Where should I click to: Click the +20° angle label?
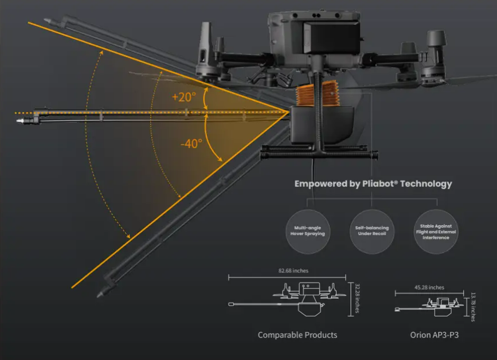pos(184,97)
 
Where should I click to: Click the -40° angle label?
pos(191,144)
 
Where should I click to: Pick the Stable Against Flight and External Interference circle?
pos(437,232)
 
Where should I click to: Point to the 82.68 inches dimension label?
pos(292,271)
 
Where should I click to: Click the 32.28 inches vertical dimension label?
pos(357,298)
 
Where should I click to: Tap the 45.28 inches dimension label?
pos(428,287)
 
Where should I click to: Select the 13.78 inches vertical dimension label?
pos(473,305)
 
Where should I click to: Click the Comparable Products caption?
pos(297,335)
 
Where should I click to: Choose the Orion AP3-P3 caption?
pos(434,335)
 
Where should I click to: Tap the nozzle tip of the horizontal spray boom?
pos(21,122)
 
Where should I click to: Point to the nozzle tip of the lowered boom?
pos(101,292)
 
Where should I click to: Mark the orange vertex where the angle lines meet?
pos(288,112)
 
